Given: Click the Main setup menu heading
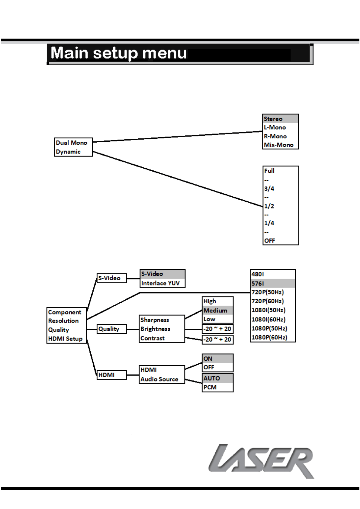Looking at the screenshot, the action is click(119, 53).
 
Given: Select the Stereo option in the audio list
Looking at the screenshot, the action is click(273, 119).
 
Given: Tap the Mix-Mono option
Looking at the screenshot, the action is click(279, 145).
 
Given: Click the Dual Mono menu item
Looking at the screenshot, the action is click(72, 143).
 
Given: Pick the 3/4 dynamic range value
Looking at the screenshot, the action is click(269, 188).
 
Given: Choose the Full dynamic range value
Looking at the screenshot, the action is click(269, 171).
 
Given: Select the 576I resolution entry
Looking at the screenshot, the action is click(258, 284).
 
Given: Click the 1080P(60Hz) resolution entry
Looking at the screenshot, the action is click(269, 337).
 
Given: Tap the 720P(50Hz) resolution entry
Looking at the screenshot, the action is click(268, 292).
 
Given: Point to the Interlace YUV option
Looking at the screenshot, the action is click(160, 283).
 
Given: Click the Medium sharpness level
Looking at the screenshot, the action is click(215, 311).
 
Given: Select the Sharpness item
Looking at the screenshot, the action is click(155, 320).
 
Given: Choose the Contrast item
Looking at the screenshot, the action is click(153, 338).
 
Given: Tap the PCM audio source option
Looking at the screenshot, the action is click(210, 387).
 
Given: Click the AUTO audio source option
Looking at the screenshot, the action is click(212, 378).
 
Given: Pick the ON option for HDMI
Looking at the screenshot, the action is click(208, 359).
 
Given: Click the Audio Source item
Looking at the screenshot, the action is click(159, 379).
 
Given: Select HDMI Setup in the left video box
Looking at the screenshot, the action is click(65, 339).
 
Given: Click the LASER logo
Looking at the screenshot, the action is click(261, 461).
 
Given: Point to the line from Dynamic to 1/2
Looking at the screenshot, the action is click(178, 179).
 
